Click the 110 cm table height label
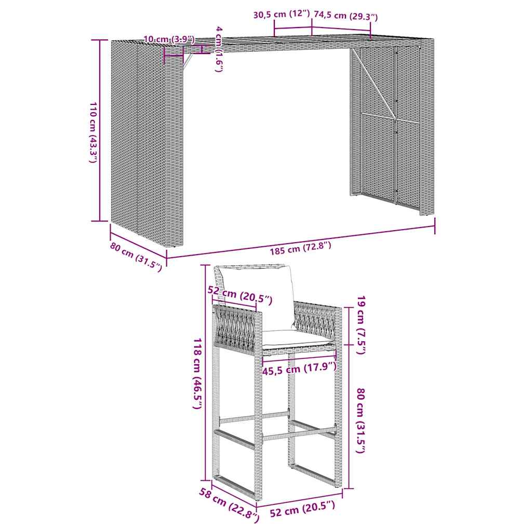click(x=93, y=133)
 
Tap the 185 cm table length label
click(x=300, y=248)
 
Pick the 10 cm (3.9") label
click(x=169, y=39)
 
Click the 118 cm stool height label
click(x=197, y=373)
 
